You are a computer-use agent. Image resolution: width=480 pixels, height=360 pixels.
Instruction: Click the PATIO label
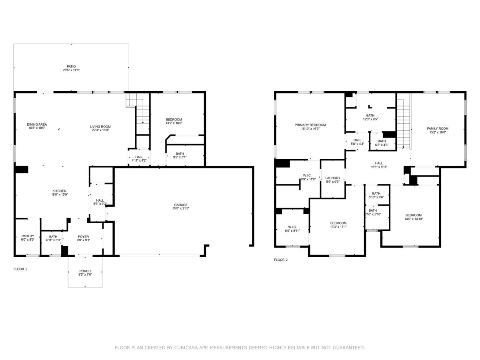click(71, 66)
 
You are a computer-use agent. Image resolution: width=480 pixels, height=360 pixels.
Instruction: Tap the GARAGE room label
click(181, 205)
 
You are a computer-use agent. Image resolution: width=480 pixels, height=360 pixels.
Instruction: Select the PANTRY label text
click(28, 236)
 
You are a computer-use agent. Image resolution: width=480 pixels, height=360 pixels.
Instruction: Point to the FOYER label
click(84, 236)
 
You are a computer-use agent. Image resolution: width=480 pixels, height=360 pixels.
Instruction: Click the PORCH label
click(85, 271)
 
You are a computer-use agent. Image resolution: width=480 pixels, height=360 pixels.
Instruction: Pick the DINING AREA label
click(37, 124)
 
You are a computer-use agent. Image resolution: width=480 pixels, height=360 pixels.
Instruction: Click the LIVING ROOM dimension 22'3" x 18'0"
click(100, 130)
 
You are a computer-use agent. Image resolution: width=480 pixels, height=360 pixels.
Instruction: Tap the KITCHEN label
click(59, 191)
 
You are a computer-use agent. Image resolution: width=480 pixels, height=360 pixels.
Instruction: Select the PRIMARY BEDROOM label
click(310, 125)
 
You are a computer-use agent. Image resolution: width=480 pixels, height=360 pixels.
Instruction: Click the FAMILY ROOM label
click(438, 128)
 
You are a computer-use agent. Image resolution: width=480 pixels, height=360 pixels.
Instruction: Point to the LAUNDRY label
click(333, 178)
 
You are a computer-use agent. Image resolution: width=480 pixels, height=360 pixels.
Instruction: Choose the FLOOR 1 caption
click(20, 269)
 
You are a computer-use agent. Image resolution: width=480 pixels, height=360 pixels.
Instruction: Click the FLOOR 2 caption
click(281, 260)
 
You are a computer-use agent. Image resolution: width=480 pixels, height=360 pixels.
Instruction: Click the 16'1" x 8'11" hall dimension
click(379, 167)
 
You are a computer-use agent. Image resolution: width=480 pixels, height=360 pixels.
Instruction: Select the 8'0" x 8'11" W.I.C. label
click(292, 230)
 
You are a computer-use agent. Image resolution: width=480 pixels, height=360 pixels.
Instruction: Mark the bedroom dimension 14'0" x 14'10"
click(413, 219)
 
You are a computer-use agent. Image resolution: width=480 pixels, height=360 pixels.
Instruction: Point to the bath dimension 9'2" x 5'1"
click(180, 157)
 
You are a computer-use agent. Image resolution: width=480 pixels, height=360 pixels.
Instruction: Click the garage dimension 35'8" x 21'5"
click(181, 208)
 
